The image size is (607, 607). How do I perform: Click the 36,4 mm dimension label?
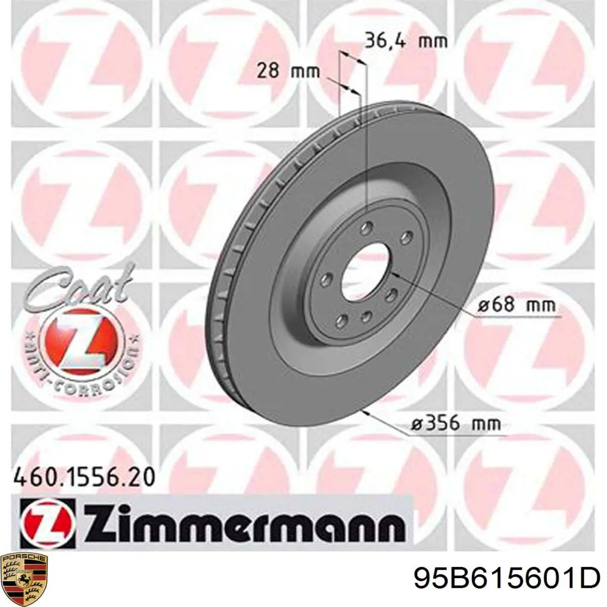click(406, 41)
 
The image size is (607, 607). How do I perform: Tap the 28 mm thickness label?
click(288, 70)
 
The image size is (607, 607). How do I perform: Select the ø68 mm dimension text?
click(516, 305)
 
